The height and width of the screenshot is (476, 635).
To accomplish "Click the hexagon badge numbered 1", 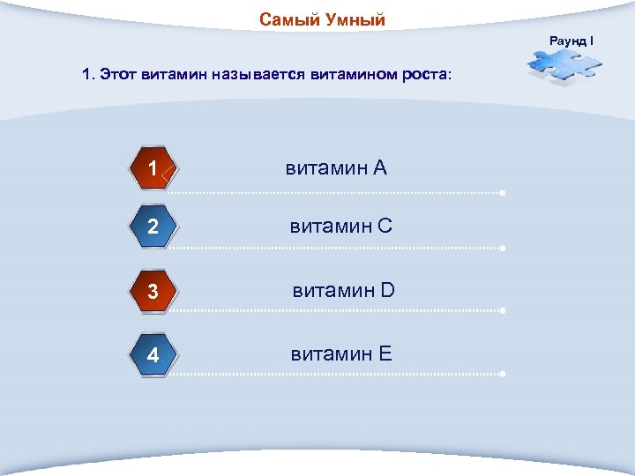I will pos(153,169).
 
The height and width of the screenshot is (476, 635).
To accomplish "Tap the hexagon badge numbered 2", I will pos(153,227).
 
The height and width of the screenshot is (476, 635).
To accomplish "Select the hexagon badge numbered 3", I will pos(153,292).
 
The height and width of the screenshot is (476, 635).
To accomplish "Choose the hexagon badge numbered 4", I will pos(153,356).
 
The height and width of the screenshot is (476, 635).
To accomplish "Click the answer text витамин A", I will pos(336,167).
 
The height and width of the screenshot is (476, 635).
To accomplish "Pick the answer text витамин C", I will pos(341,227).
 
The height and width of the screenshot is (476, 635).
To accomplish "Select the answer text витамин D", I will pos(344,290).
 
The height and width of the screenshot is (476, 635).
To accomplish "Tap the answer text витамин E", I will pos(341,354).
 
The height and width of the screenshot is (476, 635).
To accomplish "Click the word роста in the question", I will pos(424,76).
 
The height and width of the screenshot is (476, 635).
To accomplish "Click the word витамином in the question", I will pos(350,76).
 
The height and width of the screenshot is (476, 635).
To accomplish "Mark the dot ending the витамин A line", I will pos(502,192).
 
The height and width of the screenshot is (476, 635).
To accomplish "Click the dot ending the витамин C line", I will pos(502,249).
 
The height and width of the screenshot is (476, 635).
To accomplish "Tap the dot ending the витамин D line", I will pos(502,311).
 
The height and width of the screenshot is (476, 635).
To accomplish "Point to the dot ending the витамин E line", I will pos(502,375).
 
